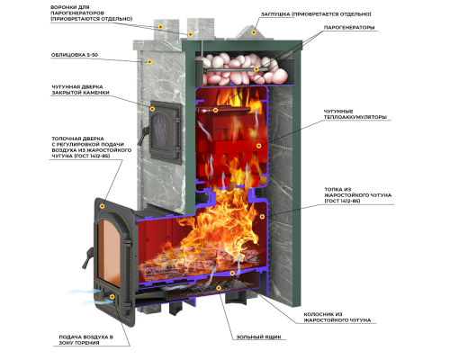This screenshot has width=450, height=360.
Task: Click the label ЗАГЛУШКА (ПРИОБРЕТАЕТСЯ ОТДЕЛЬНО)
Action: click(316, 14)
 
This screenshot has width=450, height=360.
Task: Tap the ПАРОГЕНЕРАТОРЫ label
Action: click(349, 28)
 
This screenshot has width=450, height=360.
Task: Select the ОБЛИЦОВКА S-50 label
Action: click(75, 55)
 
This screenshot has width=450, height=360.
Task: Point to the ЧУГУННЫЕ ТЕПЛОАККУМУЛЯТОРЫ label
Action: click(355, 114)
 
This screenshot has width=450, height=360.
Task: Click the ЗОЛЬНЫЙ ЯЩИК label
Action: click(259, 337)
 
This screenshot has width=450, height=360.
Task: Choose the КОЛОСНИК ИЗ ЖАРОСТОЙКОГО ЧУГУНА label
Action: click(337, 318)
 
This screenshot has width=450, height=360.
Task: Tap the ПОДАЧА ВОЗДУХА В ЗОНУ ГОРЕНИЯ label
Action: click(85, 340)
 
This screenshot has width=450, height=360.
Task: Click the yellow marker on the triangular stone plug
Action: click(254, 31)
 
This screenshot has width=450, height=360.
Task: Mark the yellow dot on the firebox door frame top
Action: click(102, 206)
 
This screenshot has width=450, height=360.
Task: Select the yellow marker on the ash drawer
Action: click(219, 288)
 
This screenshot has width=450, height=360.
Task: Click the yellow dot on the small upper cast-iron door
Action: click(152, 109)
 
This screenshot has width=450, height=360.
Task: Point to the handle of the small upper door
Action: click(146, 131)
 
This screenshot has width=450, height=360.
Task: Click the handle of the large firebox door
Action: click(86, 258)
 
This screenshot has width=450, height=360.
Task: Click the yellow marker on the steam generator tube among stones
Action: click(256, 69)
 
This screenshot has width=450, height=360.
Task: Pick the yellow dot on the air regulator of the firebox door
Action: click(112, 297)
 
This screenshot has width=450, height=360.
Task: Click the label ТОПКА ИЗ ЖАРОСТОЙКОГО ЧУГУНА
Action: click(357, 195)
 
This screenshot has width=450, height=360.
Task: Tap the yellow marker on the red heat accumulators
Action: click(258, 146)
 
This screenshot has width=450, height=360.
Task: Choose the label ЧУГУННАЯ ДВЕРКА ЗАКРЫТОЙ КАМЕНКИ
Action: click(80, 90)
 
